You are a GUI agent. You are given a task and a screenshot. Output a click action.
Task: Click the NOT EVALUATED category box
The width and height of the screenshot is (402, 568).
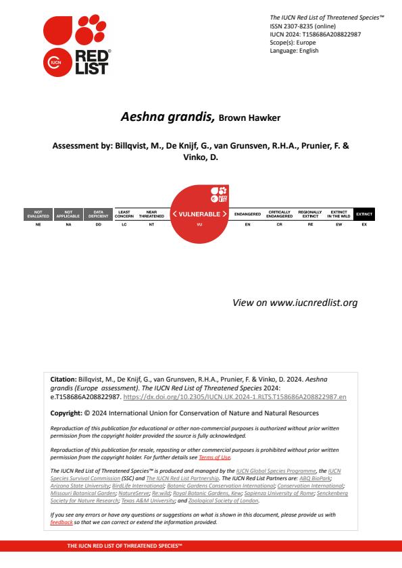point(39,214)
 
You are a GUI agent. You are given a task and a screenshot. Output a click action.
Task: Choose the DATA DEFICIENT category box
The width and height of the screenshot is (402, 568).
point(98,214)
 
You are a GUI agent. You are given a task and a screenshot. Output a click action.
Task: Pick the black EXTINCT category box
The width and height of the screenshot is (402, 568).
point(364,214)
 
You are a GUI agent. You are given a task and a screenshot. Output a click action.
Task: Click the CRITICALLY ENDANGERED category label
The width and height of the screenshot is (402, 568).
point(279,214)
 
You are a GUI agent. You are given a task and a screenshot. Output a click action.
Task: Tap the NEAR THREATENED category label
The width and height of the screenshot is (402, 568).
point(151,214)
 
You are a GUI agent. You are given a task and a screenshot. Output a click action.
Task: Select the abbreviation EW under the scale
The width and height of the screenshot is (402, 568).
point(336,224)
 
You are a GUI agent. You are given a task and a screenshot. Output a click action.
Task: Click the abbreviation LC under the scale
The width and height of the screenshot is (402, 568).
point(124,224)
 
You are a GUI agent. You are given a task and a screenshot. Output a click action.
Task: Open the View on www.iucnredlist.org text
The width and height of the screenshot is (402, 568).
point(295,303)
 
